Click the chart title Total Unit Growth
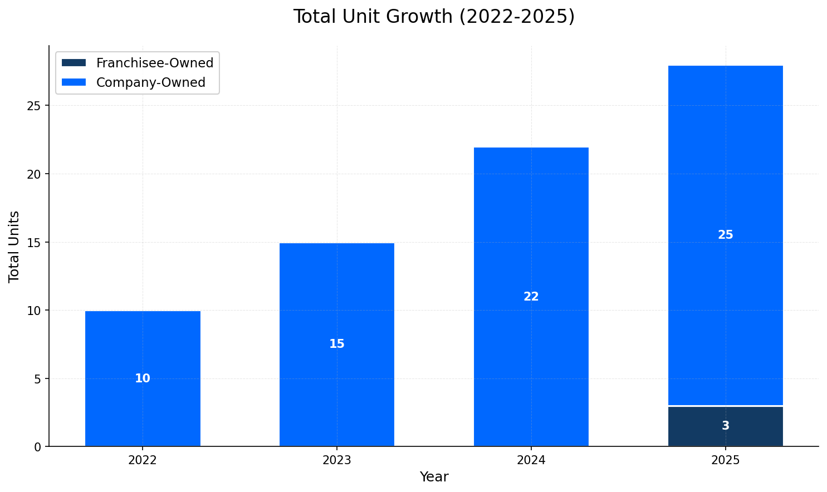434,17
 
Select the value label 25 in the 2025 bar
725,235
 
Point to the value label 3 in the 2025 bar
725,426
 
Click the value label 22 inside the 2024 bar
531,297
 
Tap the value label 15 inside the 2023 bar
337,344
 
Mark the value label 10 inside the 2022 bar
143,378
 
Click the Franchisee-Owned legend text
155,63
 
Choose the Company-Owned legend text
151,82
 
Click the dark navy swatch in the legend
74,63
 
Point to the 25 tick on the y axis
34,106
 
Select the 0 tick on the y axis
38,447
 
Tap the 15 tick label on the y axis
34,242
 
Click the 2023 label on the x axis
337,460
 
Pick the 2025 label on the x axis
725,460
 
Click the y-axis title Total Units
14,246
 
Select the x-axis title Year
434,477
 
